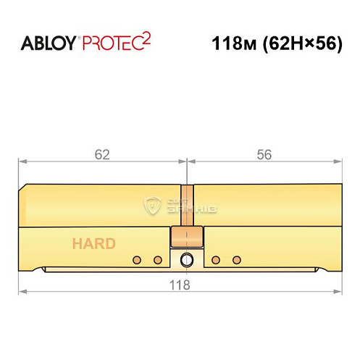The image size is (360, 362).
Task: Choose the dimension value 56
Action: pyautogui.click(x=264, y=154)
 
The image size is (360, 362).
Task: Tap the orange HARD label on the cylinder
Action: pyautogui.click(x=93, y=243)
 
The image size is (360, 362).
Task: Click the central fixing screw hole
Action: pyautogui.click(x=187, y=260)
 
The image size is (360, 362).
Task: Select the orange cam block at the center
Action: pyautogui.click(x=186, y=237)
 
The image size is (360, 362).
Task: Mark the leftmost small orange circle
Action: pyautogui.click(x=135, y=260)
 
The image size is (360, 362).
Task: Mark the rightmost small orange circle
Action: pyautogui.click(x=235, y=260)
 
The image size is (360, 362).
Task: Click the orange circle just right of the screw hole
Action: pyautogui.click(x=215, y=260)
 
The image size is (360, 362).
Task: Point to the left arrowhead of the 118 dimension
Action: pyautogui.click(x=22, y=292)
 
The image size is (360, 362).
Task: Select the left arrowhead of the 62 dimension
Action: pyautogui.click(x=22, y=161)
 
